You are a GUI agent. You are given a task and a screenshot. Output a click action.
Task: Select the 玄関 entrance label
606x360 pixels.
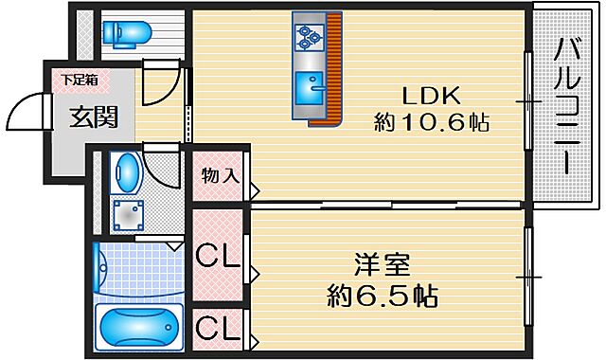point(93,117)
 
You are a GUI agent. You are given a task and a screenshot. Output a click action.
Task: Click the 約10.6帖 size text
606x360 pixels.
point(432,123)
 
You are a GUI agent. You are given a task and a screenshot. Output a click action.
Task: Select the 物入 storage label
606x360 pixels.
point(219,176)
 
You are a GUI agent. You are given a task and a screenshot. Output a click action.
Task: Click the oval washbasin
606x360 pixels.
point(126,173)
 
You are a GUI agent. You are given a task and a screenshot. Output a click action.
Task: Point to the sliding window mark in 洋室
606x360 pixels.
point(527,276)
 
